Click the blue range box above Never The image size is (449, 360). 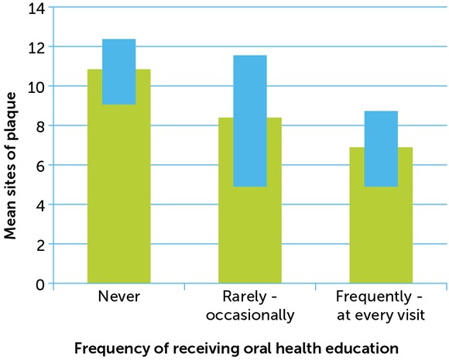118,71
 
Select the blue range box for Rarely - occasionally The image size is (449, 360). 249,121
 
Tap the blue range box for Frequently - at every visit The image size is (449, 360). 381,149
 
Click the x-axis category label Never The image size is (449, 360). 118,298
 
